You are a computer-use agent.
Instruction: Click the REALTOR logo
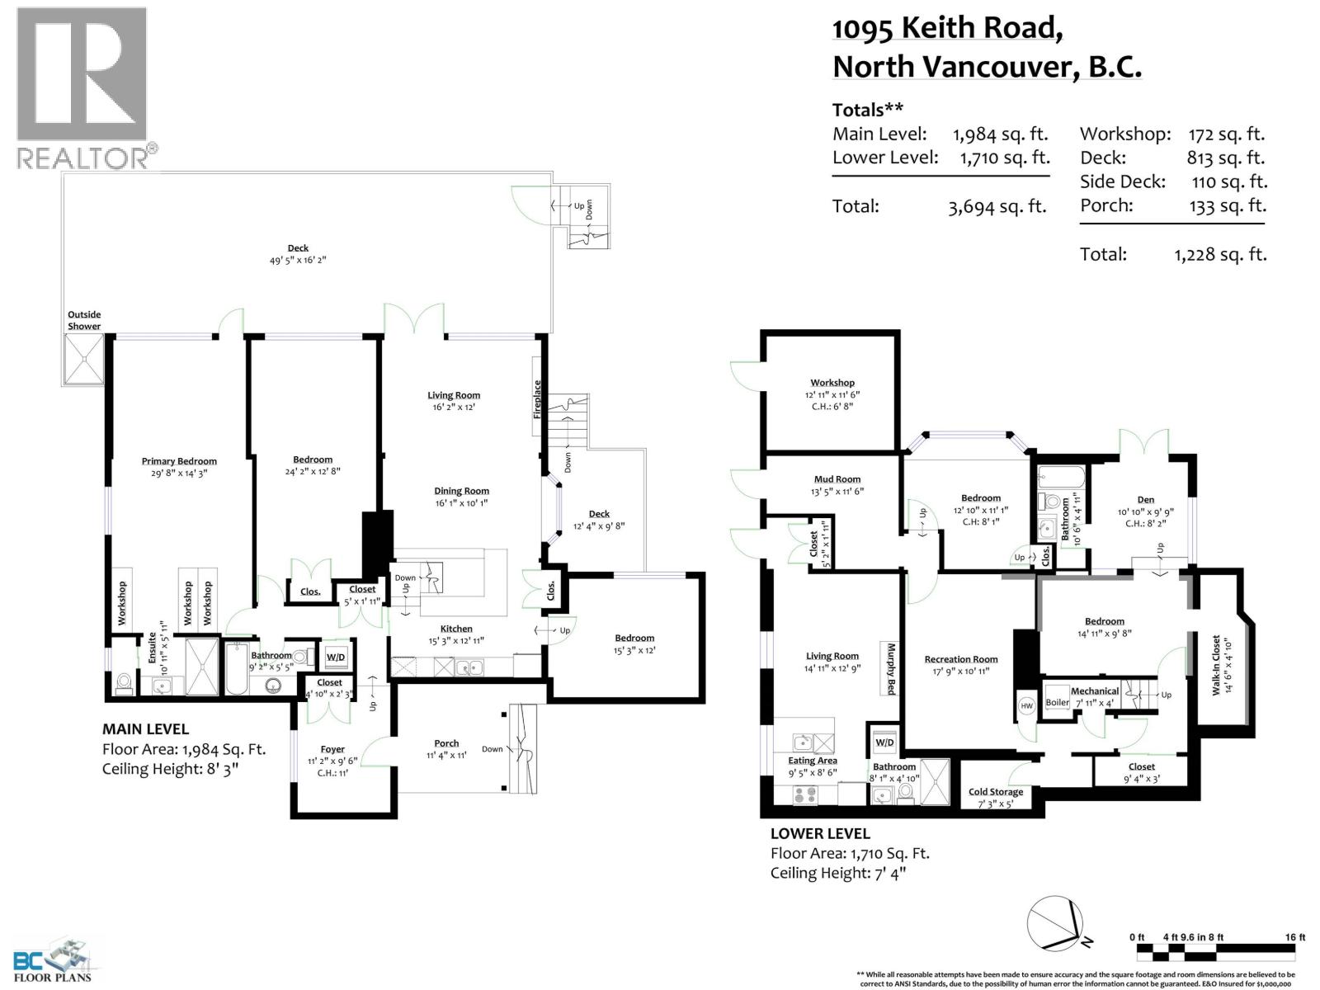click(82, 87)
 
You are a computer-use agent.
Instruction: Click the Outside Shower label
click(84, 320)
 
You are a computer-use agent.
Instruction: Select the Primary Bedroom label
click(179, 461)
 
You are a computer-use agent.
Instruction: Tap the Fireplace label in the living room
click(537, 398)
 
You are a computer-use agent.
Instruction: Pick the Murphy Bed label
click(891, 668)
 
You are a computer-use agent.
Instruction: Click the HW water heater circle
click(1027, 705)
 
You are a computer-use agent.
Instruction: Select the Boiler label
click(1057, 703)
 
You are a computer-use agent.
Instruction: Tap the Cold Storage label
click(996, 792)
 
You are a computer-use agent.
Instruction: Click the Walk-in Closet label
click(1216, 665)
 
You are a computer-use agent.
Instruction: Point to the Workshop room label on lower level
click(832, 383)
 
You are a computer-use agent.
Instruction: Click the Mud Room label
click(837, 479)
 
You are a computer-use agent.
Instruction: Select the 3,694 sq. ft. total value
click(997, 206)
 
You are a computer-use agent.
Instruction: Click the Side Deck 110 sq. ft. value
click(1228, 181)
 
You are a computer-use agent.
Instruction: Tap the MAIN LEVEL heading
click(145, 729)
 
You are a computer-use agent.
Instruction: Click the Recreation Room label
click(960, 659)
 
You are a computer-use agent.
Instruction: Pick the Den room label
click(1145, 500)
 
